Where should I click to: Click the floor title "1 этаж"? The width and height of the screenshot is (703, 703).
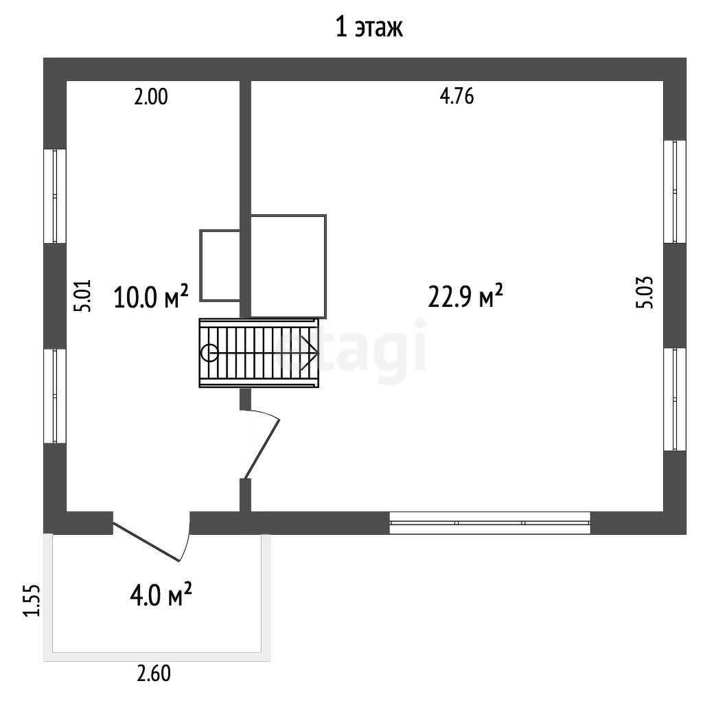[369, 27]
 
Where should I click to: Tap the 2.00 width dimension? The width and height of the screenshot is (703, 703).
[150, 97]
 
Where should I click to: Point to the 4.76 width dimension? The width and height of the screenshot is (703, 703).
[457, 96]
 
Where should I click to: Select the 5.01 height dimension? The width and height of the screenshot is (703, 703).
[83, 295]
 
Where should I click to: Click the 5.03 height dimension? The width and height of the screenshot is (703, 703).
[644, 292]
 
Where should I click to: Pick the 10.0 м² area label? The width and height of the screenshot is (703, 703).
[151, 297]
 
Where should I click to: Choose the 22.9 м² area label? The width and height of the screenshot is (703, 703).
[465, 296]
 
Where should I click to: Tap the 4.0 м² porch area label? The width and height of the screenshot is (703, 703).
[161, 595]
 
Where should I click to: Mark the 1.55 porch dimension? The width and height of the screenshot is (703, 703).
[32, 601]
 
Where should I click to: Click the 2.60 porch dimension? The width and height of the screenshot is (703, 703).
[154, 674]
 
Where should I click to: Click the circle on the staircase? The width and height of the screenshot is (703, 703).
[209, 353]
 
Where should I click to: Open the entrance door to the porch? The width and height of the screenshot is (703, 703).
[153, 538]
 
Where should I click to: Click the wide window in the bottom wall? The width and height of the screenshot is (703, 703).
[489, 522]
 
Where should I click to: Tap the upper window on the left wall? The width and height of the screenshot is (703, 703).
[55, 196]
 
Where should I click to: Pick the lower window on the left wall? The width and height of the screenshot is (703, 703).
[55, 396]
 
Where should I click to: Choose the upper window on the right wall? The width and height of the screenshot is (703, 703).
[675, 192]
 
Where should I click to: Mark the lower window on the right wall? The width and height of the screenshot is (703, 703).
[675, 399]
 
